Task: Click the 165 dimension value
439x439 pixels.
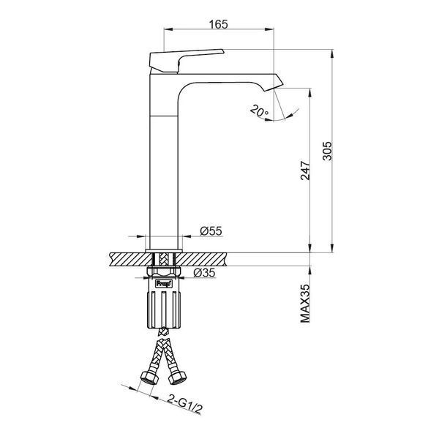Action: [218, 24]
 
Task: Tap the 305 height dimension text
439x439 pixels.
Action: [327, 151]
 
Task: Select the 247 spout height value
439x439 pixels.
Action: [305, 170]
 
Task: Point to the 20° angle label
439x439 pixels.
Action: [259, 110]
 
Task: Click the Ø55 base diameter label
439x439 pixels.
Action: [211, 231]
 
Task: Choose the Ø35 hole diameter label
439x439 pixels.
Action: [204, 272]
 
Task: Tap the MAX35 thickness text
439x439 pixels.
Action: [305, 304]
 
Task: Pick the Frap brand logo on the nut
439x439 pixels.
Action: [164, 284]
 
